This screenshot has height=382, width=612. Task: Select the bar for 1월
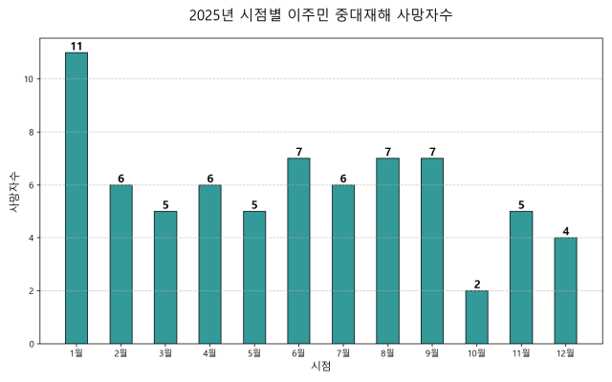click(x=76, y=198)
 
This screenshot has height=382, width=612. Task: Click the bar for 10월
click(x=476, y=317)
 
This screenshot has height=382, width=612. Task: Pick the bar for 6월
click(x=298, y=251)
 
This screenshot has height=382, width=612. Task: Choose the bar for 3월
click(x=165, y=277)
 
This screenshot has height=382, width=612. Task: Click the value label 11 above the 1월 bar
click(x=76, y=46)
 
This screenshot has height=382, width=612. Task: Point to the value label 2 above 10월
click(x=476, y=284)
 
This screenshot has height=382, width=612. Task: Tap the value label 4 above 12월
click(x=565, y=231)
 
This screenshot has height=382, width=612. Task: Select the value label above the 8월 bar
click(x=387, y=152)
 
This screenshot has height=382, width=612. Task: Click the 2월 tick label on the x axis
click(x=120, y=353)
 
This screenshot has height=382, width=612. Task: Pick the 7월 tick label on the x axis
click(x=343, y=353)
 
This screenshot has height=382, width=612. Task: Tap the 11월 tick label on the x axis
click(x=521, y=353)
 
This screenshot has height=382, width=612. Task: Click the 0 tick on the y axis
click(x=32, y=344)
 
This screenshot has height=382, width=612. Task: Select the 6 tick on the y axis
click(x=32, y=185)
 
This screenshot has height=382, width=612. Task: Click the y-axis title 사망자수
click(x=13, y=191)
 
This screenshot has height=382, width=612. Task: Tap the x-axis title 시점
click(x=320, y=367)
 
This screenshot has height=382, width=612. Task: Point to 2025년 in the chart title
click(x=211, y=15)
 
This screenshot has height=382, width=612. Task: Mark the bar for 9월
click(x=432, y=251)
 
